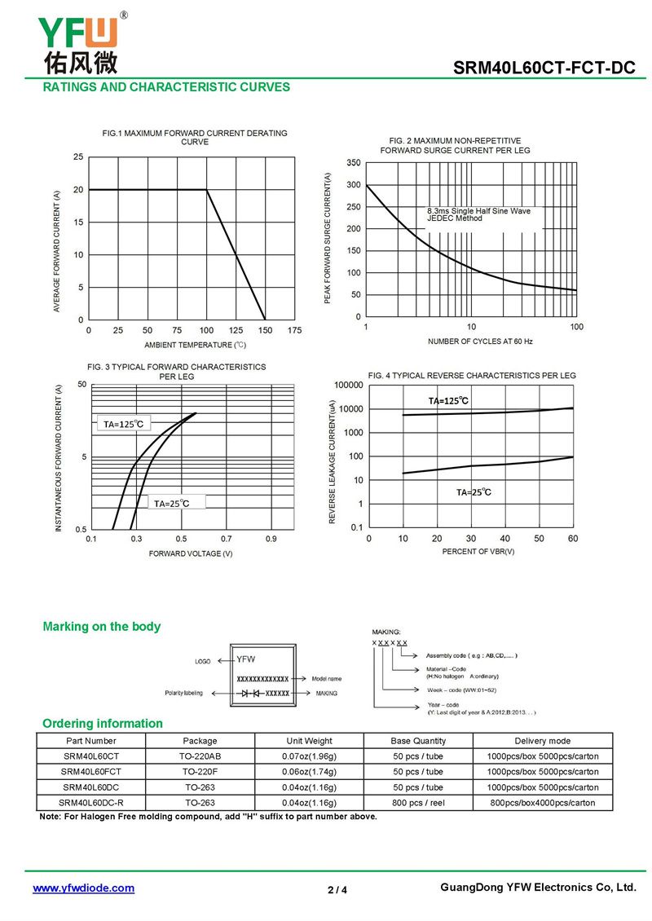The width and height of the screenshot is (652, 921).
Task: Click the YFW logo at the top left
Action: click(x=78, y=41)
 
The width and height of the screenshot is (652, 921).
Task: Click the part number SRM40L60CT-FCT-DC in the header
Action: click(x=544, y=68)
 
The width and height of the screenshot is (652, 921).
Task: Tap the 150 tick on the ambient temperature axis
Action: click(x=265, y=330)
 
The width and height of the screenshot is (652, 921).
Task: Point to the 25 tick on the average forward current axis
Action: click(x=78, y=156)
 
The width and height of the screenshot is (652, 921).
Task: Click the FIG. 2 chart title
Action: click(x=455, y=146)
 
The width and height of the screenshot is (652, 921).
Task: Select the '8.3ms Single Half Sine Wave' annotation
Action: click(x=478, y=211)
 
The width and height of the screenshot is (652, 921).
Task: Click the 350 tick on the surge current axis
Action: click(x=353, y=163)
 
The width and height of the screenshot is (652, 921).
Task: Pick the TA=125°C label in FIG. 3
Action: click(x=123, y=424)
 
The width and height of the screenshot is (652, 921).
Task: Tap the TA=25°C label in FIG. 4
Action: click(x=474, y=492)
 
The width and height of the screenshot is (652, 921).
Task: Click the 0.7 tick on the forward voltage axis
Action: click(x=226, y=539)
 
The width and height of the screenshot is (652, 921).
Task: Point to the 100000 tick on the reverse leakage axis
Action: click(x=349, y=384)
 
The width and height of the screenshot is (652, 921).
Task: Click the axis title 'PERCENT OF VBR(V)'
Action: click(x=478, y=552)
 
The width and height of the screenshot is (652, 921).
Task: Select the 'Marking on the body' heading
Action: click(x=101, y=627)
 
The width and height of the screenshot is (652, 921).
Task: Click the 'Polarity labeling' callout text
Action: click(x=183, y=693)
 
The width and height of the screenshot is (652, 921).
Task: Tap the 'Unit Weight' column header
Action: click(x=309, y=741)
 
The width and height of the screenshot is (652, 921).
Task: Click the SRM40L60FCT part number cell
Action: click(x=90, y=772)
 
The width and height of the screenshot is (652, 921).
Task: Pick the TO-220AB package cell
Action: click(x=200, y=756)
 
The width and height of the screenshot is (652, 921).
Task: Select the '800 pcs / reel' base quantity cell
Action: click(x=418, y=803)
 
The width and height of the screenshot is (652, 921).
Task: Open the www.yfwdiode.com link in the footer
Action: click(x=83, y=888)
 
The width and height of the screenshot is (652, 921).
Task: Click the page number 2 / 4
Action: click(x=337, y=889)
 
